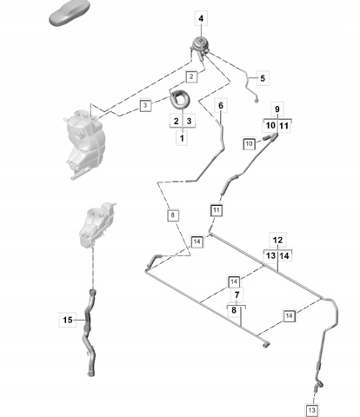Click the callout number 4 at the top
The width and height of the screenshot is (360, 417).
[201, 18]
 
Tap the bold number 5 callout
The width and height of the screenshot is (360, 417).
[263, 78]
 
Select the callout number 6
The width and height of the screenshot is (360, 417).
[221, 106]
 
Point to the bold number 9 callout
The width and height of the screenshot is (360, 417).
[277, 109]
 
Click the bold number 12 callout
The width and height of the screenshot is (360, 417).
[277, 240]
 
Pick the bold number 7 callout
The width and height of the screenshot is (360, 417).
[237, 295]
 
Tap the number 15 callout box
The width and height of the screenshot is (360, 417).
[68, 320]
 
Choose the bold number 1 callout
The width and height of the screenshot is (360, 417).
[182, 138]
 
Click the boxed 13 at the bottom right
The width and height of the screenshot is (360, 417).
[312, 410]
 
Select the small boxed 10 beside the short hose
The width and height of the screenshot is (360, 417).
[250, 143]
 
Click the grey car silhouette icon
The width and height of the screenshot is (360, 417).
[70, 13]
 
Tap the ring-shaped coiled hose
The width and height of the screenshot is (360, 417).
[180, 99]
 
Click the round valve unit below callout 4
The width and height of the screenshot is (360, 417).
[200, 46]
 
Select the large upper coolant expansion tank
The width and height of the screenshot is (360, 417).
[84, 144]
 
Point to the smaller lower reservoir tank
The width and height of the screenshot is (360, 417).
[97, 224]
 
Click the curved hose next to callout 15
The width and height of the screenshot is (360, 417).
[89, 333]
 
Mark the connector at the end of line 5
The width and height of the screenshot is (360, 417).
[257, 101]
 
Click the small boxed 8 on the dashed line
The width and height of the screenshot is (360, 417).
[173, 215]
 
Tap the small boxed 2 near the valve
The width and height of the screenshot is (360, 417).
[191, 76]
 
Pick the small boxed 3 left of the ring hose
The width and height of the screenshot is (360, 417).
[145, 105]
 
